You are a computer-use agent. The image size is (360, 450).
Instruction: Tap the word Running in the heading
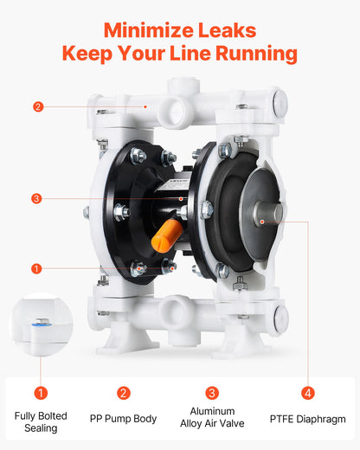point(256,54)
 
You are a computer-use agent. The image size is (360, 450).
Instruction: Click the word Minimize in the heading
point(148,30)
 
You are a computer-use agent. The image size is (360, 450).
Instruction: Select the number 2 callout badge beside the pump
point(38,106)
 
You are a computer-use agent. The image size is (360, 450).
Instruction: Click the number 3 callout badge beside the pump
point(36,198)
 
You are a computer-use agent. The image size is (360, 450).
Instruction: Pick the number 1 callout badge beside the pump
point(36,268)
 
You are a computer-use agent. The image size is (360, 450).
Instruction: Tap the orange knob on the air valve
point(166,236)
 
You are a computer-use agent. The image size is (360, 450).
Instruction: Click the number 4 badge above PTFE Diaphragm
point(308,393)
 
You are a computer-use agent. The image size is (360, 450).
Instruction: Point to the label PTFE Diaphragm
point(307,419)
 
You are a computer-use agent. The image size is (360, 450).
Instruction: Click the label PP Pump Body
point(123,419)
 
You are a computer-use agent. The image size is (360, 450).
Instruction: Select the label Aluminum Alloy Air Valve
point(212,417)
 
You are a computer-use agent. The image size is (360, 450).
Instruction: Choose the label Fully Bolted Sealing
point(41,421)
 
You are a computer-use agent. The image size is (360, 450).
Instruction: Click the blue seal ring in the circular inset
point(42,325)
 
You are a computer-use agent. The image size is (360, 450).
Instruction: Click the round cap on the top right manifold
point(280,104)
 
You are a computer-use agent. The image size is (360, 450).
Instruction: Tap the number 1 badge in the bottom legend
point(41,393)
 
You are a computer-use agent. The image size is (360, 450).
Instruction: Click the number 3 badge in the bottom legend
point(212,393)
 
